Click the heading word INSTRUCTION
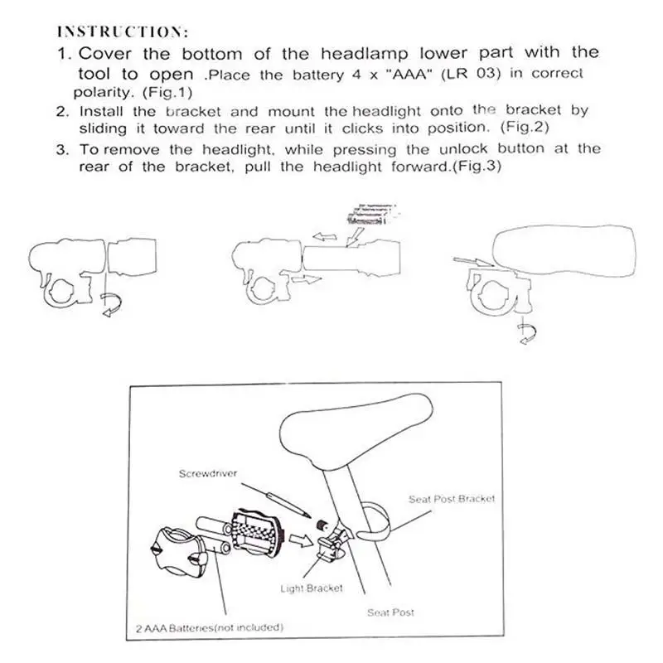point(122,33)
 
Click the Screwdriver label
point(209,475)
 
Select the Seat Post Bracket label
point(452,499)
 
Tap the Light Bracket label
point(311,588)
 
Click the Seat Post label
point(391,612)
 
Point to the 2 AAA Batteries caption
point(209,627)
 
